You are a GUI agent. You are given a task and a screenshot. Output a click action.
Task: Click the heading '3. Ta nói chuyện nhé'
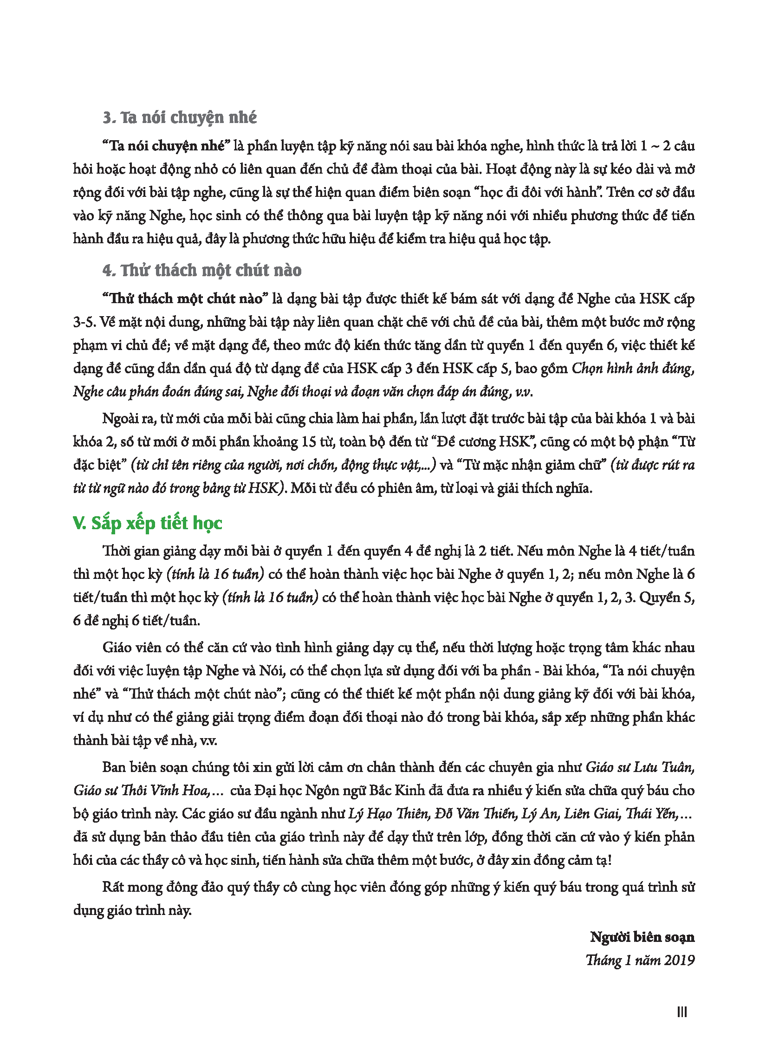[180, 117]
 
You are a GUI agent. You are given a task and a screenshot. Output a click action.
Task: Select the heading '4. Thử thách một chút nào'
[202, 271]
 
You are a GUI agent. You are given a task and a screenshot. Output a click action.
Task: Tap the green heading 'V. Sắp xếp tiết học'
[147, 523]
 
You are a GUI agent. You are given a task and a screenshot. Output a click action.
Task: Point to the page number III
[682, 1012]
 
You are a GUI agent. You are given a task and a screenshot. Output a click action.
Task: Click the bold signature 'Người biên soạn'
[642, 937]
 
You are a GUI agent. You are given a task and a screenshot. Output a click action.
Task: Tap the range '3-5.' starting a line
[85, 322]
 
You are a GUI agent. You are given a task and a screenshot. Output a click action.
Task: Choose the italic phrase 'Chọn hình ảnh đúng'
[632, 368]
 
